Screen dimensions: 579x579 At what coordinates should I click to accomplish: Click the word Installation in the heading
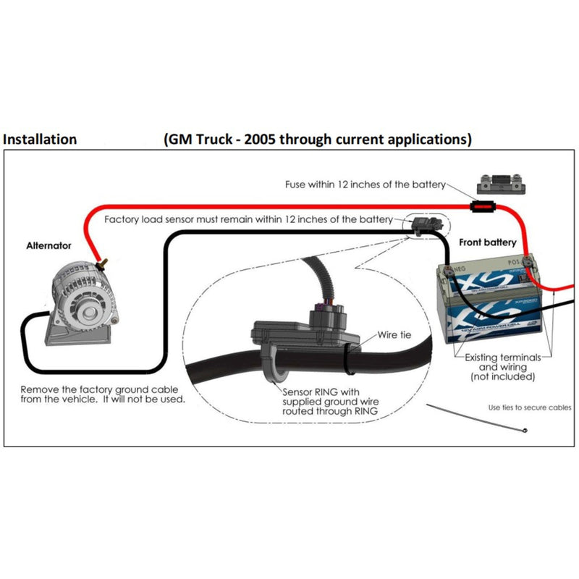coord(41,139)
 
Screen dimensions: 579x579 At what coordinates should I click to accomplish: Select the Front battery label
coord(489,242)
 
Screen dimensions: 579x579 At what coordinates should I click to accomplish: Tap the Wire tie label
coord(394,336)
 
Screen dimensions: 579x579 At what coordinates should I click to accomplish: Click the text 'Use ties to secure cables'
coord(530,407)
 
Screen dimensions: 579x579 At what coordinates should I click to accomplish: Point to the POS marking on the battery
coord(514,262)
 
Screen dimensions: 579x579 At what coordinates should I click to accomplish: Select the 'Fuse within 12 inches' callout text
coord(365,185)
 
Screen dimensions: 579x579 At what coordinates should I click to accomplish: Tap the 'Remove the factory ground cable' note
coord(103,393)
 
